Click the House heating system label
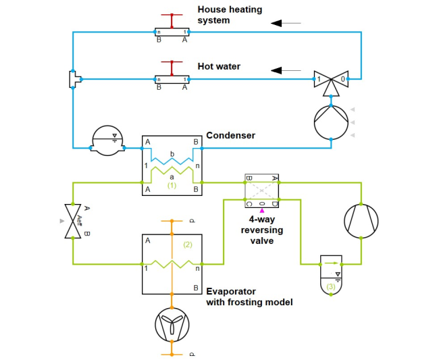tap(230, 15)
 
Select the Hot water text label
tap(219, 67)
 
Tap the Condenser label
tap(230, 136)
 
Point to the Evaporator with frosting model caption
tap(249, 297)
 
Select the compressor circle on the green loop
tap(361, 220)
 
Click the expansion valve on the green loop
tap(73, 220)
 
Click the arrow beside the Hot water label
tap(286, 70)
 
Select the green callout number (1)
tap(172, 184)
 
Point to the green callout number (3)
tap(330, 286)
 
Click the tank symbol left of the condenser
tap(108, 140)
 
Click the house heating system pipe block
tap(172, 32)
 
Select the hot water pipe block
tap(172, 79)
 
